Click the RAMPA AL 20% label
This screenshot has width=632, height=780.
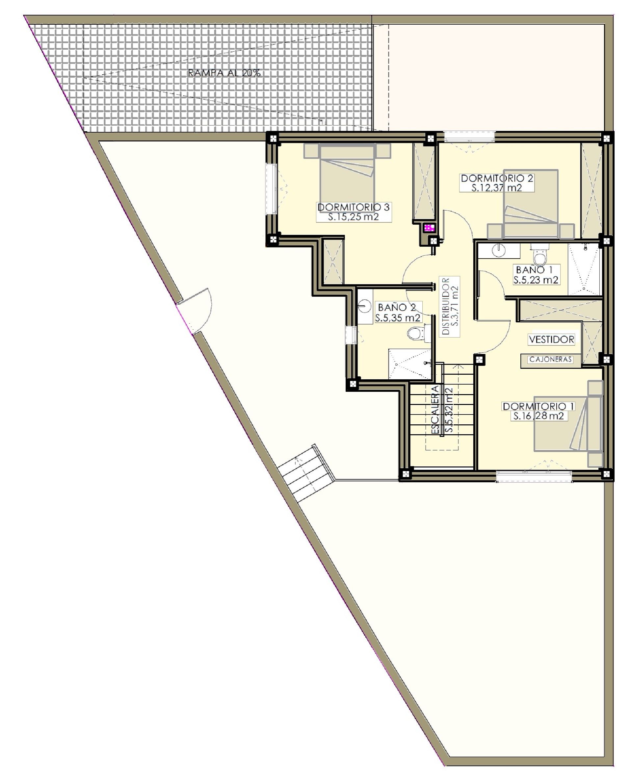click(x=224, y=73)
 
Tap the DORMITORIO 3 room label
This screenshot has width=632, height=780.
click(x=354, y=207)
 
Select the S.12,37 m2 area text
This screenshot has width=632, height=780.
click(x=497, y=188)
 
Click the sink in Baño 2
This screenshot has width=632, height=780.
click(x=364, y=307)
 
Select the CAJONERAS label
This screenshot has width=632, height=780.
click(x=550, y=360)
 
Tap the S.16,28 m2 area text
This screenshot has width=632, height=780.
click(x=538, y=416)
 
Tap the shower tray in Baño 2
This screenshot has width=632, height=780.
click(x=410, y=364)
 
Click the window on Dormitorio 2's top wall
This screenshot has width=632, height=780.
click(x=469, y=137)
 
